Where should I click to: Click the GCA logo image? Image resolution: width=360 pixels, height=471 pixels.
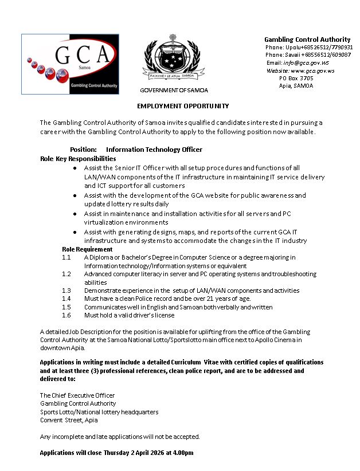(70, 64)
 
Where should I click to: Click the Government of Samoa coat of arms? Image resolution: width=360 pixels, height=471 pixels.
(173, 60)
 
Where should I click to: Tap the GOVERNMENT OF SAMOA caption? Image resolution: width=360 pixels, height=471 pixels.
(174, 91)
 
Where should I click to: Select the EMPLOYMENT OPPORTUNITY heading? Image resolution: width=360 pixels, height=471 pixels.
(182, 106)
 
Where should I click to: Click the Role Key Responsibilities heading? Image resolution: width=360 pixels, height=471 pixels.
(78, 158)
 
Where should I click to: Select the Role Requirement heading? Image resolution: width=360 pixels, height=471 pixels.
(87, 249)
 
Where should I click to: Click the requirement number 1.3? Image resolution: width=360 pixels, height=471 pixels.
(66, 291)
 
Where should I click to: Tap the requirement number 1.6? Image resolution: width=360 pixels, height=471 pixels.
(66, 315)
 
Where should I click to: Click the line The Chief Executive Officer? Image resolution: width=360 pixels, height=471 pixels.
(77, 395)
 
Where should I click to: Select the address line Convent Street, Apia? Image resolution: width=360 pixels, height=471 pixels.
(69, 420)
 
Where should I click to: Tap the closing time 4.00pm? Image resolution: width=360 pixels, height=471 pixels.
(183, 453)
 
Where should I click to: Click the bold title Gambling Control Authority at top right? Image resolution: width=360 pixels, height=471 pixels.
(307, 40)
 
